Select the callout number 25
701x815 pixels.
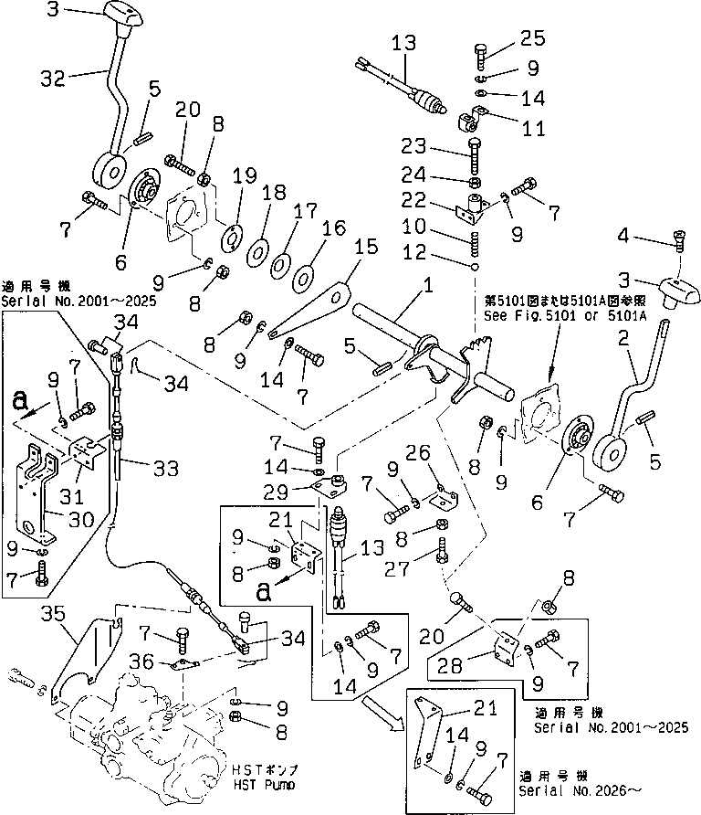(x=532, y=38)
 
